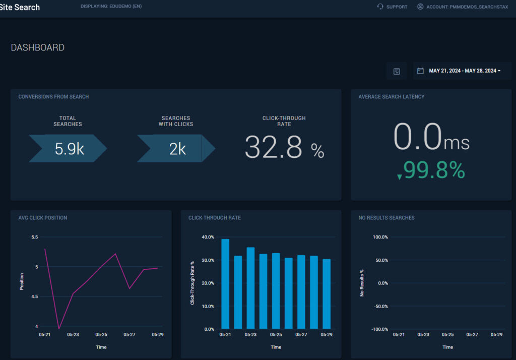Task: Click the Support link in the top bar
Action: click(393, 7)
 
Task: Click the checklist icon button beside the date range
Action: click(397, 71)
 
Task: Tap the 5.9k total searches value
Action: click(69, 149)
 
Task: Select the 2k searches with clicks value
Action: click(177, 149)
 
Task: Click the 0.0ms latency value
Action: click(431, 137)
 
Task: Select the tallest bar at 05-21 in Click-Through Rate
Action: click(225, 284)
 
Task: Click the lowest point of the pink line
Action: click(59, 329)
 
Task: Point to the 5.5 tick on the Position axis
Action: click(34, 237)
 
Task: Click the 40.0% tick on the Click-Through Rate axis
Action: click(207, 237)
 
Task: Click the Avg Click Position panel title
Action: click(43, 218)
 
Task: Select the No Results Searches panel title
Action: click(386, 218)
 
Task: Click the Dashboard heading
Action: click(38, 48)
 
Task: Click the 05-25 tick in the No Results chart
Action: click(447, 335)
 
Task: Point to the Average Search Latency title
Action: click(391, 97)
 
